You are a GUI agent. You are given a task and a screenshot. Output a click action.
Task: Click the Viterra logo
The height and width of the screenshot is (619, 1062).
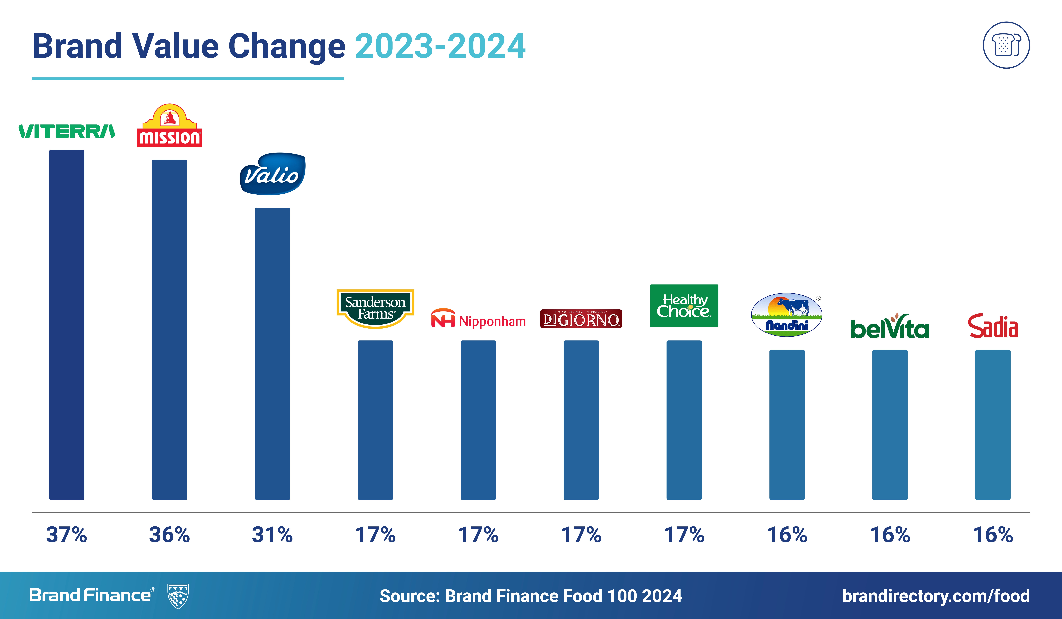(67, 131)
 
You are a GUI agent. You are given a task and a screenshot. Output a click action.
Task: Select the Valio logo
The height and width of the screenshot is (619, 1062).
(272, 174)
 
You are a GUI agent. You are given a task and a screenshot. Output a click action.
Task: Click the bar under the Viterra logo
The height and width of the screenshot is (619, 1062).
(67, 324)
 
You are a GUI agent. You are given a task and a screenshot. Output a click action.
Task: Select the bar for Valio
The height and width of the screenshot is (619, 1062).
(272, 354)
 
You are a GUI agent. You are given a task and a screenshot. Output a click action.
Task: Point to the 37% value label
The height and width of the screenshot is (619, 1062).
(67, 535)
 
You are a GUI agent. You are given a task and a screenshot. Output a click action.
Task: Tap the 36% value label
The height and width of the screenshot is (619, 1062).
(169, 535)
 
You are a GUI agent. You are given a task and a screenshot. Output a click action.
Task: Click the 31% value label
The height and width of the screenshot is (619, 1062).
(272, 535)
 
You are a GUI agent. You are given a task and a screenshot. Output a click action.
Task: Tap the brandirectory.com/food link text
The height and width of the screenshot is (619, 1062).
(936, 596)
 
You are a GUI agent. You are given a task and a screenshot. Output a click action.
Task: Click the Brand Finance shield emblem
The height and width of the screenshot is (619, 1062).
(178, 596)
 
